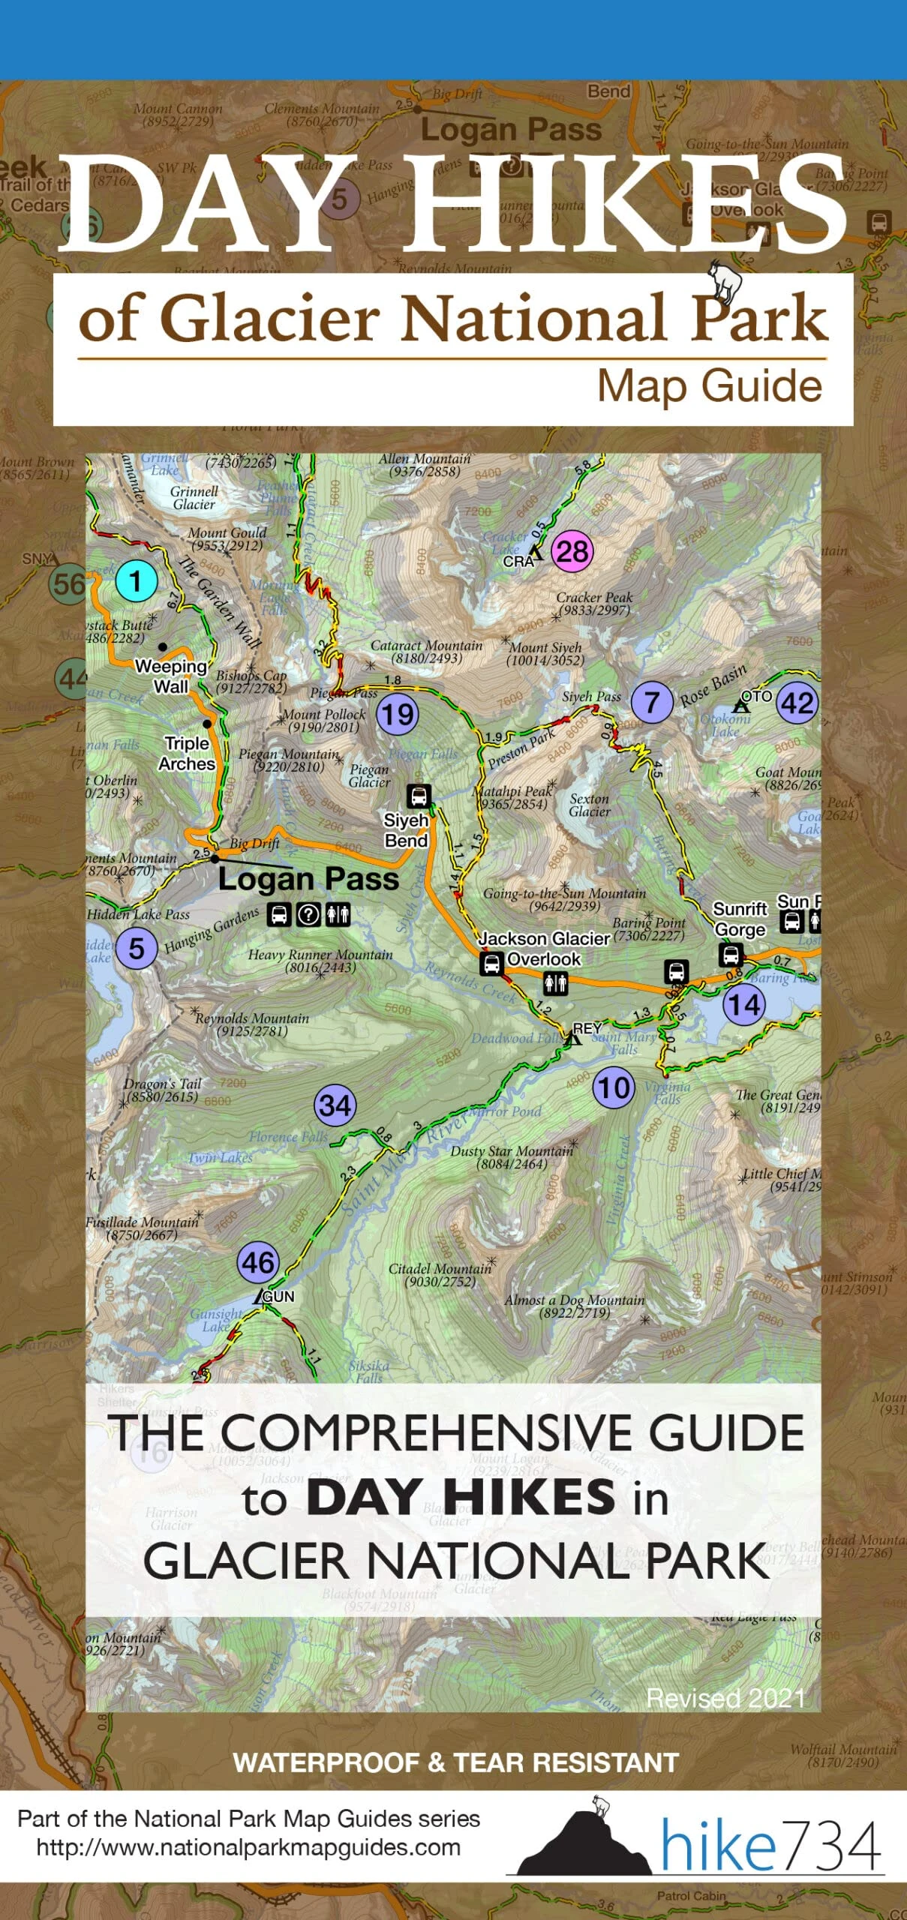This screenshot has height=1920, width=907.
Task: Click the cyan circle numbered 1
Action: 136,581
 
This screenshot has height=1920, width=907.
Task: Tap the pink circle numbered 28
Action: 572,552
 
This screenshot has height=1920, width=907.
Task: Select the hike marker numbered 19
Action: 397,714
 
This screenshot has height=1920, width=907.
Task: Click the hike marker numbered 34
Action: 335,1105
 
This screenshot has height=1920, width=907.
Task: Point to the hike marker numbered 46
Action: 258,1263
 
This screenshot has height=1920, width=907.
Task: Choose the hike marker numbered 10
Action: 614,1087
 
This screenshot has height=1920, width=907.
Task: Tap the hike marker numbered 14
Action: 744,1005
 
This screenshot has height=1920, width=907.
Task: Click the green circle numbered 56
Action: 68,583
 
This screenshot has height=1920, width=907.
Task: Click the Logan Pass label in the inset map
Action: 308,878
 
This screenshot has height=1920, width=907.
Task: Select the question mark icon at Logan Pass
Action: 308,915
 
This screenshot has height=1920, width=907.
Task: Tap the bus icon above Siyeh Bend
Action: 418,795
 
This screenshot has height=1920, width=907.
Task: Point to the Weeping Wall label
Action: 171,676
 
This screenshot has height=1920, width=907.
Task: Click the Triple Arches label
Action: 187,753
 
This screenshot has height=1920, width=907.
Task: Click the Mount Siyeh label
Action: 545,653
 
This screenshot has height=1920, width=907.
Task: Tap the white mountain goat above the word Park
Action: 725,281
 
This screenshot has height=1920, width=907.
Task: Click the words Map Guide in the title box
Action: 709,387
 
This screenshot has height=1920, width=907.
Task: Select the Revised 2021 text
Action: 725,1698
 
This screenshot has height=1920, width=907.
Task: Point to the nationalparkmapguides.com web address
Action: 248,1847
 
